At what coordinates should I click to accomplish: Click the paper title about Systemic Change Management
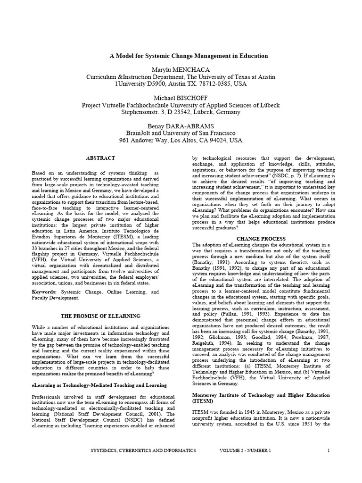(189, 56)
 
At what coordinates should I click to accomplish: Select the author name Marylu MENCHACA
(181, 70)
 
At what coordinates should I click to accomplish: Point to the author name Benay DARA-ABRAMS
(181, 126)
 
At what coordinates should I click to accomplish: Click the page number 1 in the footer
(328, 451)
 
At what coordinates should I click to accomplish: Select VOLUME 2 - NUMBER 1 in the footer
(245, 451)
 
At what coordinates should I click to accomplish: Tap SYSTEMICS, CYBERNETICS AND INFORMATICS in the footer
(143, 451)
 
